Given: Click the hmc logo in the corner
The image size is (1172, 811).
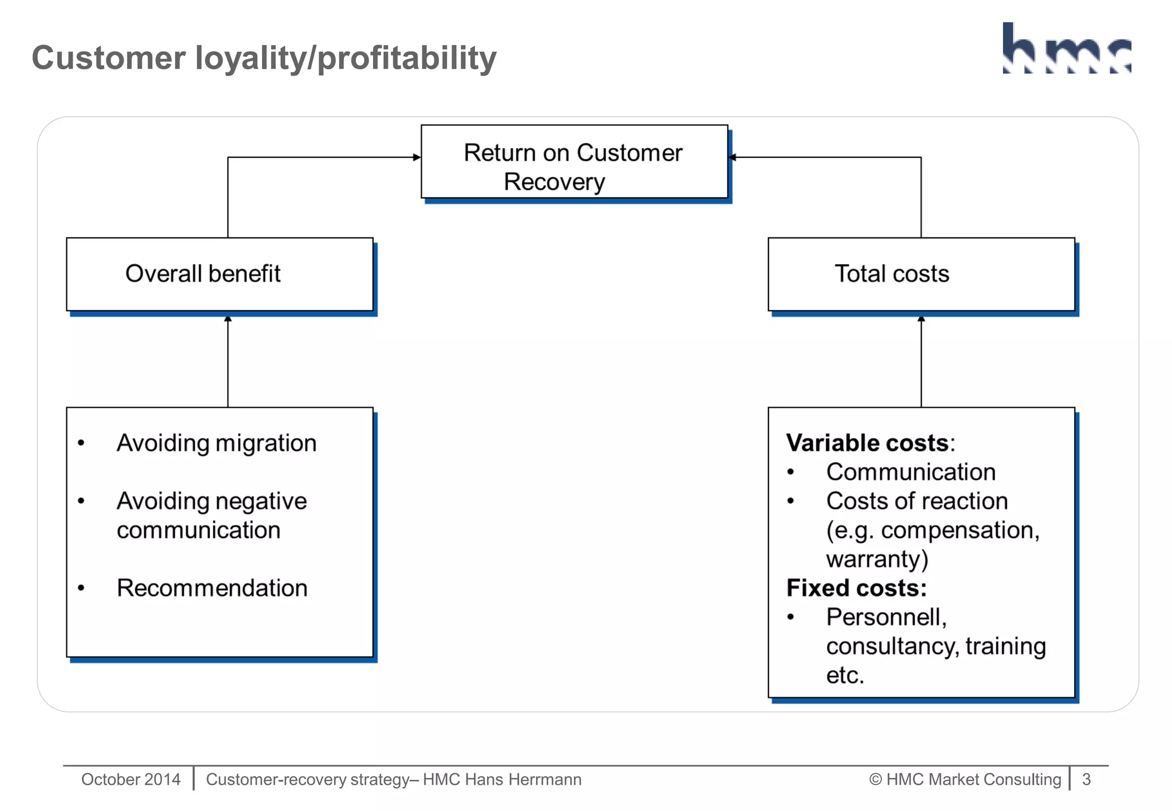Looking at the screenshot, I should click(1067, 49).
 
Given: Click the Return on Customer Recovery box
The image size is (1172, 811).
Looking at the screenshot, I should click(574, 162).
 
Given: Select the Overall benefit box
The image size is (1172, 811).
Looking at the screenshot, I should click(220, 274).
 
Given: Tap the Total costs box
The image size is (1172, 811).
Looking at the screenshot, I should click(921, 274).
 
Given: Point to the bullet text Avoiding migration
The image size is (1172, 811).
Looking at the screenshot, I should click(216, 443).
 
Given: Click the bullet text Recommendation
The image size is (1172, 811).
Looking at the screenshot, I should click(212, 588).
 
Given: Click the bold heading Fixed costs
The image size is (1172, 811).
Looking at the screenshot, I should click(856, 588).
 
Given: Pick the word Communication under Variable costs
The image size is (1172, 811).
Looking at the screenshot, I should click(910, 472).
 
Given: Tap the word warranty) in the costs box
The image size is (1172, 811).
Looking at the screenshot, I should click(877, 559).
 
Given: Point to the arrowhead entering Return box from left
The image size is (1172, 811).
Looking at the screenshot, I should click(417, 157).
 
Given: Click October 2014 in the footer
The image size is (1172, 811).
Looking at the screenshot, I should click(130, 780).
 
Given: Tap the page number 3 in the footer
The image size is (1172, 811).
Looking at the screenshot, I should click(1086, 780).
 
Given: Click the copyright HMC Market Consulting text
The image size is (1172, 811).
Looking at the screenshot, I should click(965, 780).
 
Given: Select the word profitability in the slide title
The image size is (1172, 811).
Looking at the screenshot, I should click(406, 58).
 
